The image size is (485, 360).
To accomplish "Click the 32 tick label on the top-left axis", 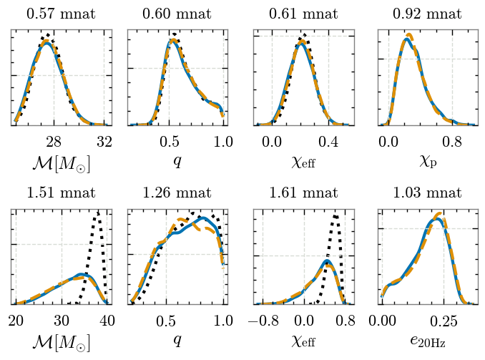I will tap(104, 142).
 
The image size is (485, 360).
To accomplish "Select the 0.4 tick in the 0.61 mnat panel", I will tap(329, 142).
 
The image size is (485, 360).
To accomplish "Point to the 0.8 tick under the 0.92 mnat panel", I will tap(452, 142).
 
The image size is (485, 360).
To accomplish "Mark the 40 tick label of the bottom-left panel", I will tap(107, 319).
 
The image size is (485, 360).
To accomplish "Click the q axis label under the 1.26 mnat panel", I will tap(176, 341).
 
